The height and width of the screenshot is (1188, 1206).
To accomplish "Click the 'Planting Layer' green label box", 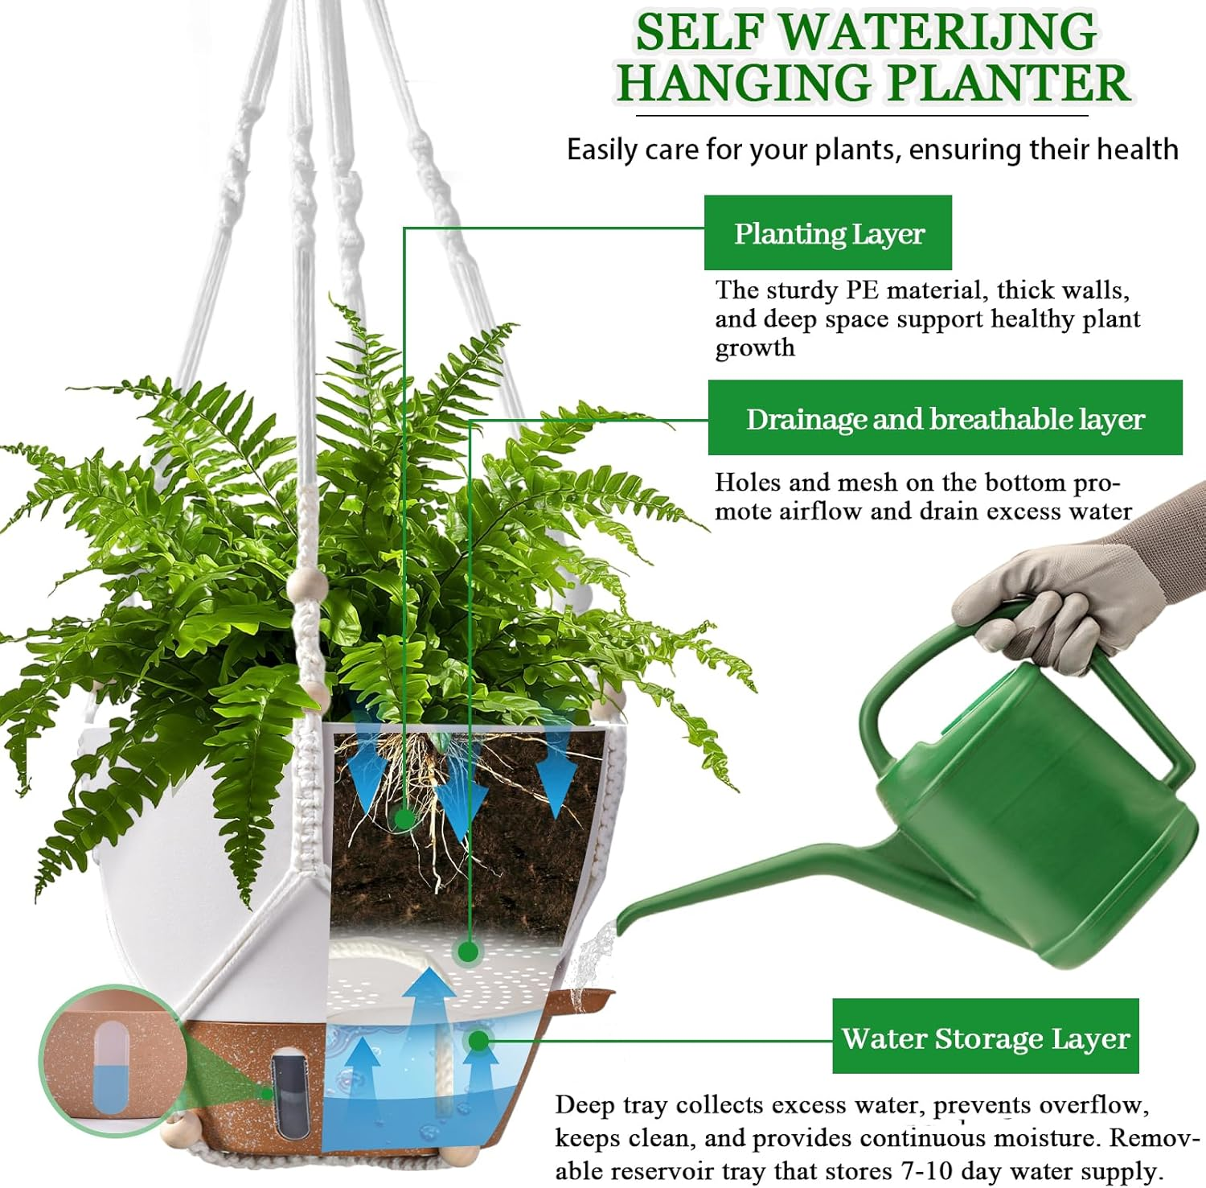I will (828, 233).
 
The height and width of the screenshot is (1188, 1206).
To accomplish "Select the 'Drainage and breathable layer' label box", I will (945, 418).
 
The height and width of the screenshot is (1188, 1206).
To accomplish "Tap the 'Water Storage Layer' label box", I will (985, 1037).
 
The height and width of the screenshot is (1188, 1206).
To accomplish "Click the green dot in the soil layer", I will (404, 818).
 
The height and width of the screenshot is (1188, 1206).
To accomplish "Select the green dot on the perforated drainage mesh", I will (468, 952).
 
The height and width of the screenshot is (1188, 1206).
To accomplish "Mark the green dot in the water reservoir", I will (478, 1040).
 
